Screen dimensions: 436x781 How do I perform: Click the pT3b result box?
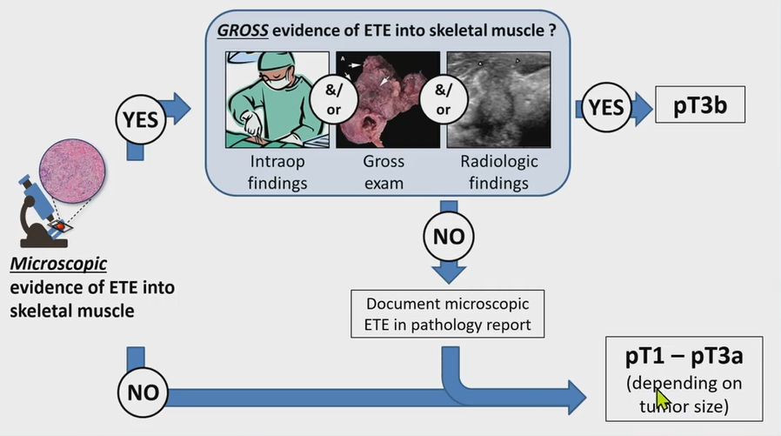pos(699,107)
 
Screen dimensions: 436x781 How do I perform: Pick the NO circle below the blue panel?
pos(449,237)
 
